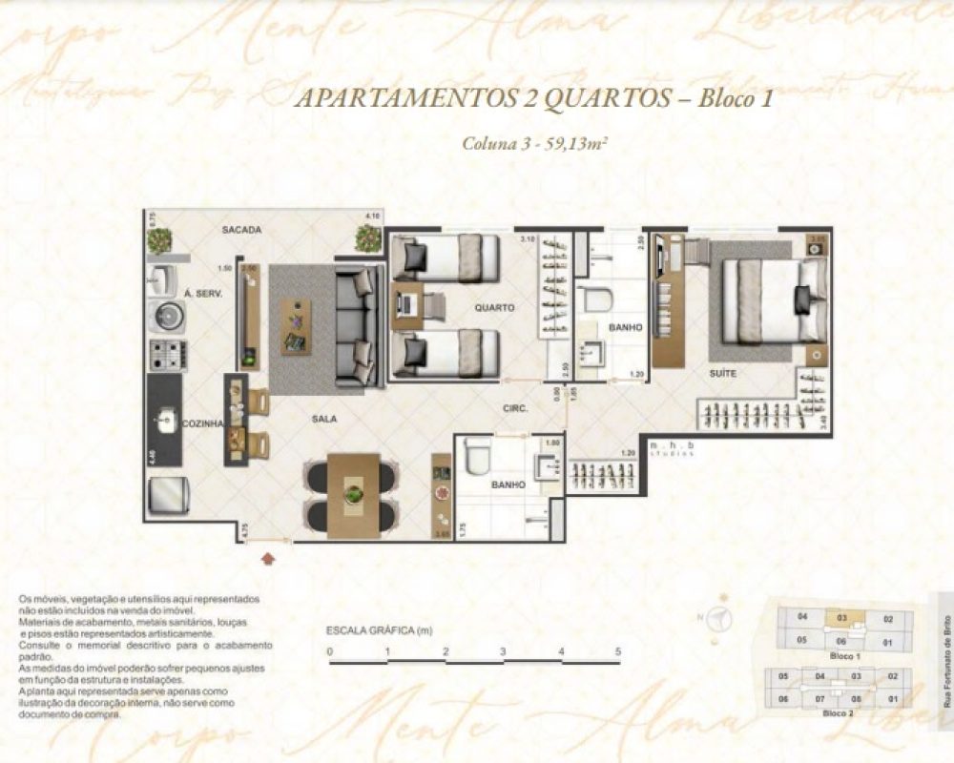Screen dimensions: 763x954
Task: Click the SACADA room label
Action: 241,231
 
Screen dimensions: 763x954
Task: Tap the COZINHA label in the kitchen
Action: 202,423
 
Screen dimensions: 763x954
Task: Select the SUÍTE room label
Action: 721,373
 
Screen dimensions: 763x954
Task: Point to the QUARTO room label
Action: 494,308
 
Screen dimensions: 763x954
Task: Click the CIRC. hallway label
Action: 516,408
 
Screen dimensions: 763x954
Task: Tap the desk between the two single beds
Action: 405,304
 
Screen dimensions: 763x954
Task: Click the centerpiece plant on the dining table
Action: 354,494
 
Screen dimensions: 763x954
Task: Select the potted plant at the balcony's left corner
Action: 159,238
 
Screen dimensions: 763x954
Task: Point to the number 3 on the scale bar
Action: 503,652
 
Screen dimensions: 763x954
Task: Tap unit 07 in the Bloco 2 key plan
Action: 819,699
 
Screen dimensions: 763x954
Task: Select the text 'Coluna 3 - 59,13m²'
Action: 535,145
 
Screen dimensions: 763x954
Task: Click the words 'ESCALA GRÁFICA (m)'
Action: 380,630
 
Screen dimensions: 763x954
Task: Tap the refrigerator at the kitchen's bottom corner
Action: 169,494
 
